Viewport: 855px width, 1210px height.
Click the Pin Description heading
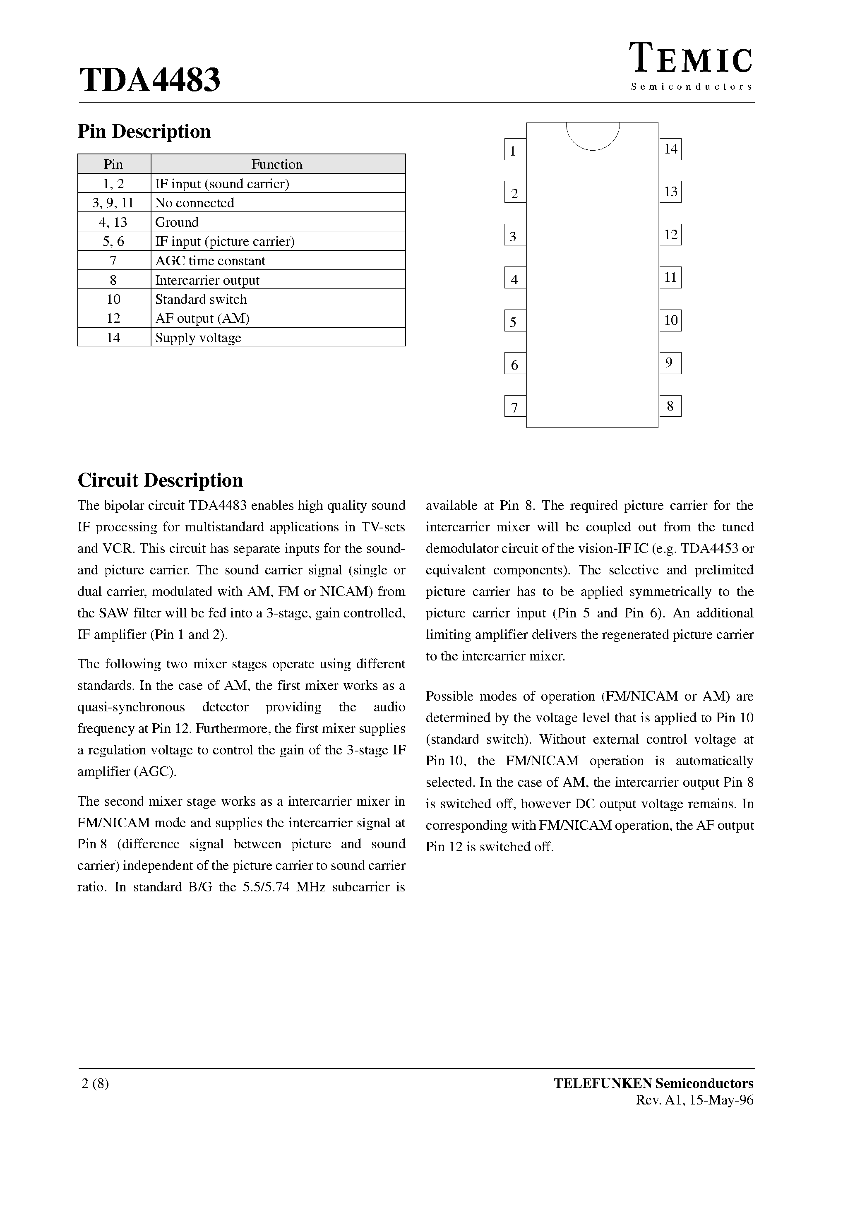144,131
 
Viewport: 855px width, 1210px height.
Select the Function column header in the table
277,164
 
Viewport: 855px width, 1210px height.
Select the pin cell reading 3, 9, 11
113,203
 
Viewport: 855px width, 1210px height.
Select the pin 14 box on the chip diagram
670,149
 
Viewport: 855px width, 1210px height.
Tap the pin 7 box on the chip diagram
514,407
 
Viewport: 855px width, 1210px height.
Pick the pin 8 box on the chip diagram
670,406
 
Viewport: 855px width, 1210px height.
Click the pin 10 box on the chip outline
670,320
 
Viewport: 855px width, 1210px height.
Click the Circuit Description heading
160,480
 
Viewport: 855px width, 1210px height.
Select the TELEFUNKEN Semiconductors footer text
653,1083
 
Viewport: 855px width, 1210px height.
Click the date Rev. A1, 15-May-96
695,1100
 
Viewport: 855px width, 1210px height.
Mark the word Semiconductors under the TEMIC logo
692,86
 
